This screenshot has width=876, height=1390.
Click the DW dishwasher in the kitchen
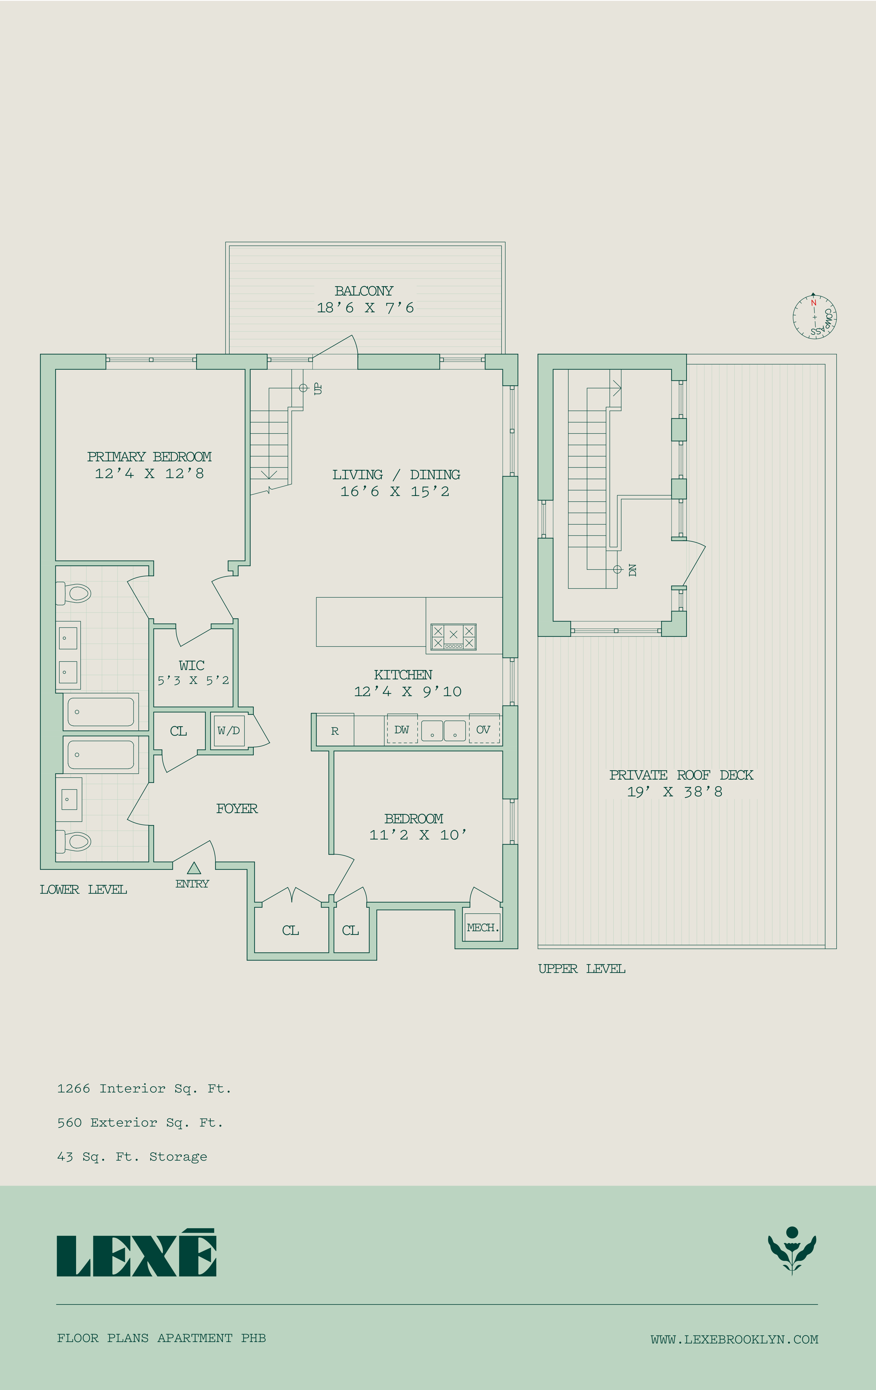coord(402,730)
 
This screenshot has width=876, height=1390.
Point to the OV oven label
coord(483,730)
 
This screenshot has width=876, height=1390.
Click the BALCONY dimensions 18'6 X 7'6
coord(365,308)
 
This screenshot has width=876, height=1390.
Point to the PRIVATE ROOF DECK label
coord(682,775)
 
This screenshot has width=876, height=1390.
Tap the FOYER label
coord(237,808)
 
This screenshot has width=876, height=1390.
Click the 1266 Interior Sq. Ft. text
coord(144,1089)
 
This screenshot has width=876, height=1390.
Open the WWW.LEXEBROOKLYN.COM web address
coord(735,1339)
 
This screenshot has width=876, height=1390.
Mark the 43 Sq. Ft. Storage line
coord(132,1157)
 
